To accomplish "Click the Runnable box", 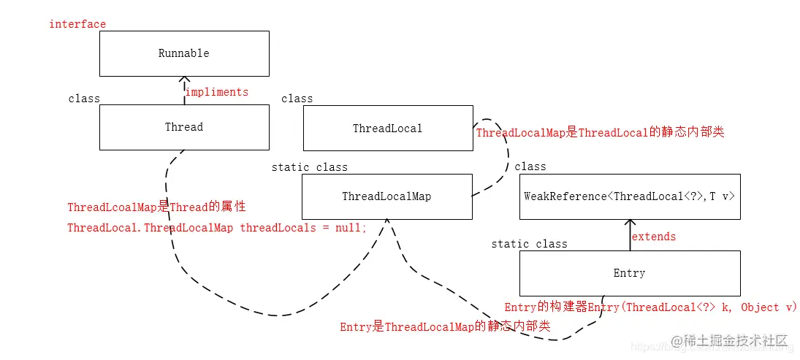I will (184, 54).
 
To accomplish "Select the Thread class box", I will (184, 128).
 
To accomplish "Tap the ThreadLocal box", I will (387, 129).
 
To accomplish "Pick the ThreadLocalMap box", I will (387, 196).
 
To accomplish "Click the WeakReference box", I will (629, 196).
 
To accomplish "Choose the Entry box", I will (629, 273).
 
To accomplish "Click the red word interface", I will (77, 24).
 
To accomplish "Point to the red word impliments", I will (217, 92).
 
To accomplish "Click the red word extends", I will (654, 237).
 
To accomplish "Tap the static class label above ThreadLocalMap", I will (309, 167).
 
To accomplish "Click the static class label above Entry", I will (529, 244).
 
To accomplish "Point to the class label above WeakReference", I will (530, 166).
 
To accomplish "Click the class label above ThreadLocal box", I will (297, 99).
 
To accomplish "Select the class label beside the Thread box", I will (84, 99).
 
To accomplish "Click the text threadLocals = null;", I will (303, 228).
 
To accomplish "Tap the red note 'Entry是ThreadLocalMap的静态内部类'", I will (445, 327).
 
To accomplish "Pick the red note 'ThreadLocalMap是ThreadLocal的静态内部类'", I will (600, 133).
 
